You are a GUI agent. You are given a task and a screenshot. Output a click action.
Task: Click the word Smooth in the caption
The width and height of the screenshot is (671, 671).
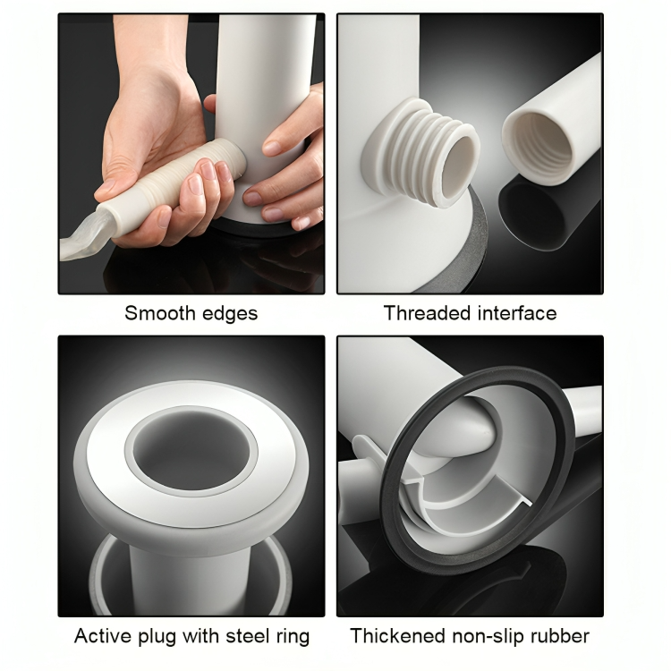coord(160,313)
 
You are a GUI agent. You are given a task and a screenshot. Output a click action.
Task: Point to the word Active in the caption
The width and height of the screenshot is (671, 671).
coord(103,635)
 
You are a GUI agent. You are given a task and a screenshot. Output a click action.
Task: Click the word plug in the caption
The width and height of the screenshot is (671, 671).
coord(157,637)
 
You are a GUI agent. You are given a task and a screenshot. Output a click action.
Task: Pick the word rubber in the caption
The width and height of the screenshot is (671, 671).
coord(559,635)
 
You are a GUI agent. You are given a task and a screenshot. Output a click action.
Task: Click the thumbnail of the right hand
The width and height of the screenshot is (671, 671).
coord(271,148)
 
